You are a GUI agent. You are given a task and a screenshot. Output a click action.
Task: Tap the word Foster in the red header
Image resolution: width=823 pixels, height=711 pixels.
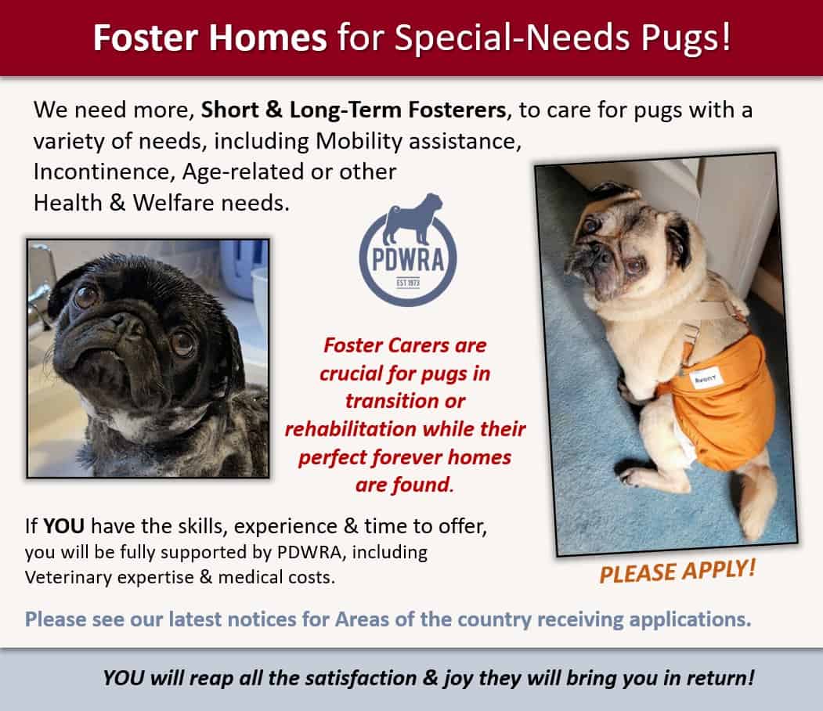tap(146, 38)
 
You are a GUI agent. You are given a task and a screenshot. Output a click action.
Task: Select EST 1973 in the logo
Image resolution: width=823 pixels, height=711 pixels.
tap(408, 283)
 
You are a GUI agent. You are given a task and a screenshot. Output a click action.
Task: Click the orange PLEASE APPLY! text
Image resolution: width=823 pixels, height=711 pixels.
tap(677, 571)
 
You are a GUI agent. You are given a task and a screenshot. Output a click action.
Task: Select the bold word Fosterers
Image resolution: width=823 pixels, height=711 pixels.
tap(457, 110)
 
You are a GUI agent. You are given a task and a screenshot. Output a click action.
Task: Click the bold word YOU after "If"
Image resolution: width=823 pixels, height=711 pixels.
tap(63, 525)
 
